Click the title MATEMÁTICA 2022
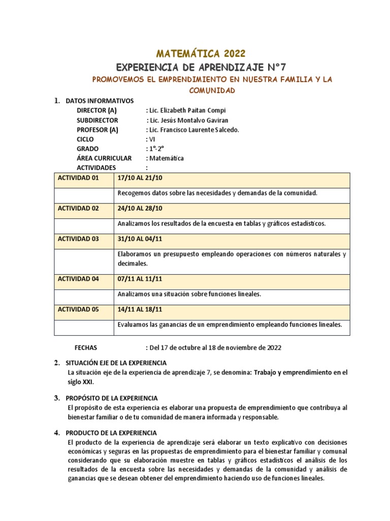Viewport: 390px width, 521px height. tap(201, 53)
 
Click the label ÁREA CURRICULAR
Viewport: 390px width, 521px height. tap(104, 158)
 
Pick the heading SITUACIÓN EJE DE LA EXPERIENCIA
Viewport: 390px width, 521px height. tap(116, 363)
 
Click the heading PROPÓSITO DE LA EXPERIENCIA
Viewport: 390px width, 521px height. tap(112, 398)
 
